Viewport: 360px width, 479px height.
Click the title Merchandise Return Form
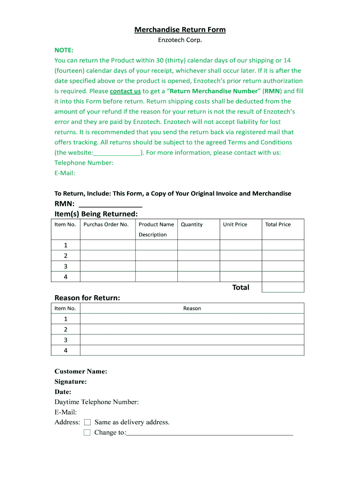coord(180,30)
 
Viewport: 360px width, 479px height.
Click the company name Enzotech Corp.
coord(180,40)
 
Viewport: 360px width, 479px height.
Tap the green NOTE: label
coord(64,50)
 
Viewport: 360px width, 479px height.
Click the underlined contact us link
coord(125,91)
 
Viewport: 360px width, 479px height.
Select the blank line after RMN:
coord(111,204)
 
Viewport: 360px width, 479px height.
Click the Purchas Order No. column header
coord(106,225)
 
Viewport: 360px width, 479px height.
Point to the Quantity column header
coord(192,225)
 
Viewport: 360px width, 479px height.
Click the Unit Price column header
coord(235,225)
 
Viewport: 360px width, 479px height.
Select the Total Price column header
coord(278,225)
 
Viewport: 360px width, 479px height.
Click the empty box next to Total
coord(283,287)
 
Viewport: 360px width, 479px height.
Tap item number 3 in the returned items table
coord(65,266)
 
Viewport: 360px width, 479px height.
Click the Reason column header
coord(192,308)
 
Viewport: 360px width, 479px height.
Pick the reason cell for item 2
coord(192,329)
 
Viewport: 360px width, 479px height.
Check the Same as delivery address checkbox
coord(87,422)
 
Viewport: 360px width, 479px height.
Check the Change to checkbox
coord(87,433)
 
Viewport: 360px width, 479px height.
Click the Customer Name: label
coord(81,371)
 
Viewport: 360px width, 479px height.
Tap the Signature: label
coord(71,382)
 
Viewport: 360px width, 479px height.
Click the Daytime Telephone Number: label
coord(97,402)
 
